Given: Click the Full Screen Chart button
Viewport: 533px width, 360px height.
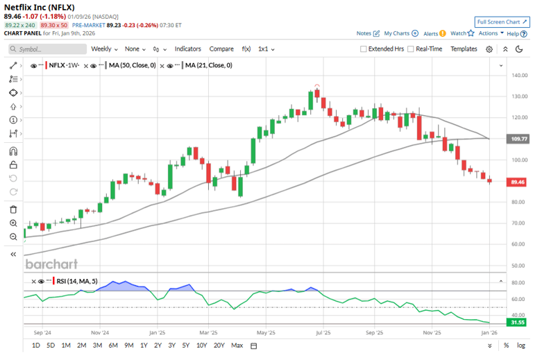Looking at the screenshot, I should (x=497, y=22).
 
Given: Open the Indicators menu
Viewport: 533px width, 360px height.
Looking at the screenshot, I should (x=187, y=49).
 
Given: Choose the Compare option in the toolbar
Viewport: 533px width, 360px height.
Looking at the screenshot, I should (x=221, y=49).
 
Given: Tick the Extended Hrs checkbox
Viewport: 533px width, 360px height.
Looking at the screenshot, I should (x=364, y=49).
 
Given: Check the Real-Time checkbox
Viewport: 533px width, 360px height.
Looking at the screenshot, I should (x=411, y=49).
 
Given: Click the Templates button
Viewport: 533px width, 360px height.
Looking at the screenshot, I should (x=464, y=49).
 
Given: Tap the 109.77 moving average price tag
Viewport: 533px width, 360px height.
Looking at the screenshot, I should (x=519, y=139).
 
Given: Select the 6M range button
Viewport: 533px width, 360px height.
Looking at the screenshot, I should (x=112, y=345).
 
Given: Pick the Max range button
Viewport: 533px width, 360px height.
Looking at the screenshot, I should (x=237, y=345).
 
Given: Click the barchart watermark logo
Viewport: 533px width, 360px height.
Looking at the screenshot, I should (x=51, y=264).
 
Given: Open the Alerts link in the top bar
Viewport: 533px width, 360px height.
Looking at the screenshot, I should (x=431, y=33).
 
